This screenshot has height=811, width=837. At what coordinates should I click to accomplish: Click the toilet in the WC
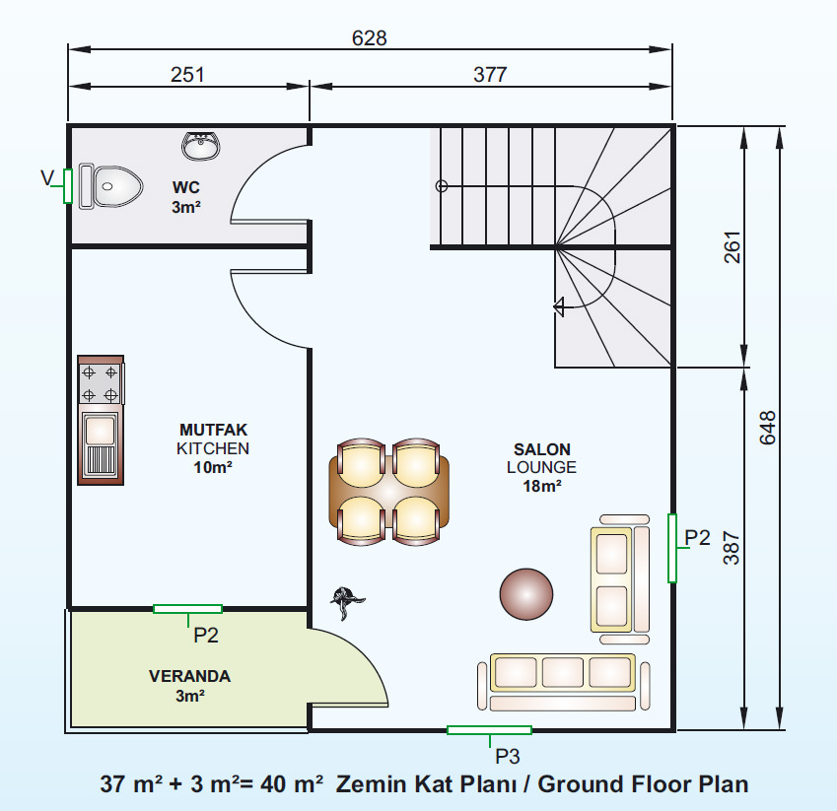(110, 186)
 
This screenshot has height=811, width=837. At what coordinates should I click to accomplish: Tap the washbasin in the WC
(201, 146)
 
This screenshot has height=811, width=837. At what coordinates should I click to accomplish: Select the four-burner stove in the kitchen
(101, 382)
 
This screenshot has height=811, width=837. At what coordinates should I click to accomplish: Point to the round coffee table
(526, 594)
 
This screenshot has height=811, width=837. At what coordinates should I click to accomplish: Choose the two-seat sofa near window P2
(620, 578)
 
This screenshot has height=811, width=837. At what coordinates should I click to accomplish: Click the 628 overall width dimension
(370, 38)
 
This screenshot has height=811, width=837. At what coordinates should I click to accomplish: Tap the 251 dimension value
(187, 75)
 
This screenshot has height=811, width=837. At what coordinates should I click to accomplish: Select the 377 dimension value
(490, 75)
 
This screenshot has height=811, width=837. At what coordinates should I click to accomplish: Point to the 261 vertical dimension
(732, 247)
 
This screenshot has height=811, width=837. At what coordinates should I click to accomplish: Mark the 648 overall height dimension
(768, 428)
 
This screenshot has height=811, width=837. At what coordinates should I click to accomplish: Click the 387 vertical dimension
(732, 548)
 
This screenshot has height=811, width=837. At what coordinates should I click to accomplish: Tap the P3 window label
(507, 756)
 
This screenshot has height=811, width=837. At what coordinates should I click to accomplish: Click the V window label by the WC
(47, 177)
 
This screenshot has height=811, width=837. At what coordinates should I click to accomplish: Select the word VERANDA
(189, 676)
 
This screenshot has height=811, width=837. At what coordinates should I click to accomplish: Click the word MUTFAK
(214, 430)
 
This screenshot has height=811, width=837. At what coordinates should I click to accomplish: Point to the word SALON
(542, 449)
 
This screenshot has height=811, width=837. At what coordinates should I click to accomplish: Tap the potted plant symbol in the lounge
(347, 602)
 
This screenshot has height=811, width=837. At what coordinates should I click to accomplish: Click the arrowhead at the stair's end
(559, 307)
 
